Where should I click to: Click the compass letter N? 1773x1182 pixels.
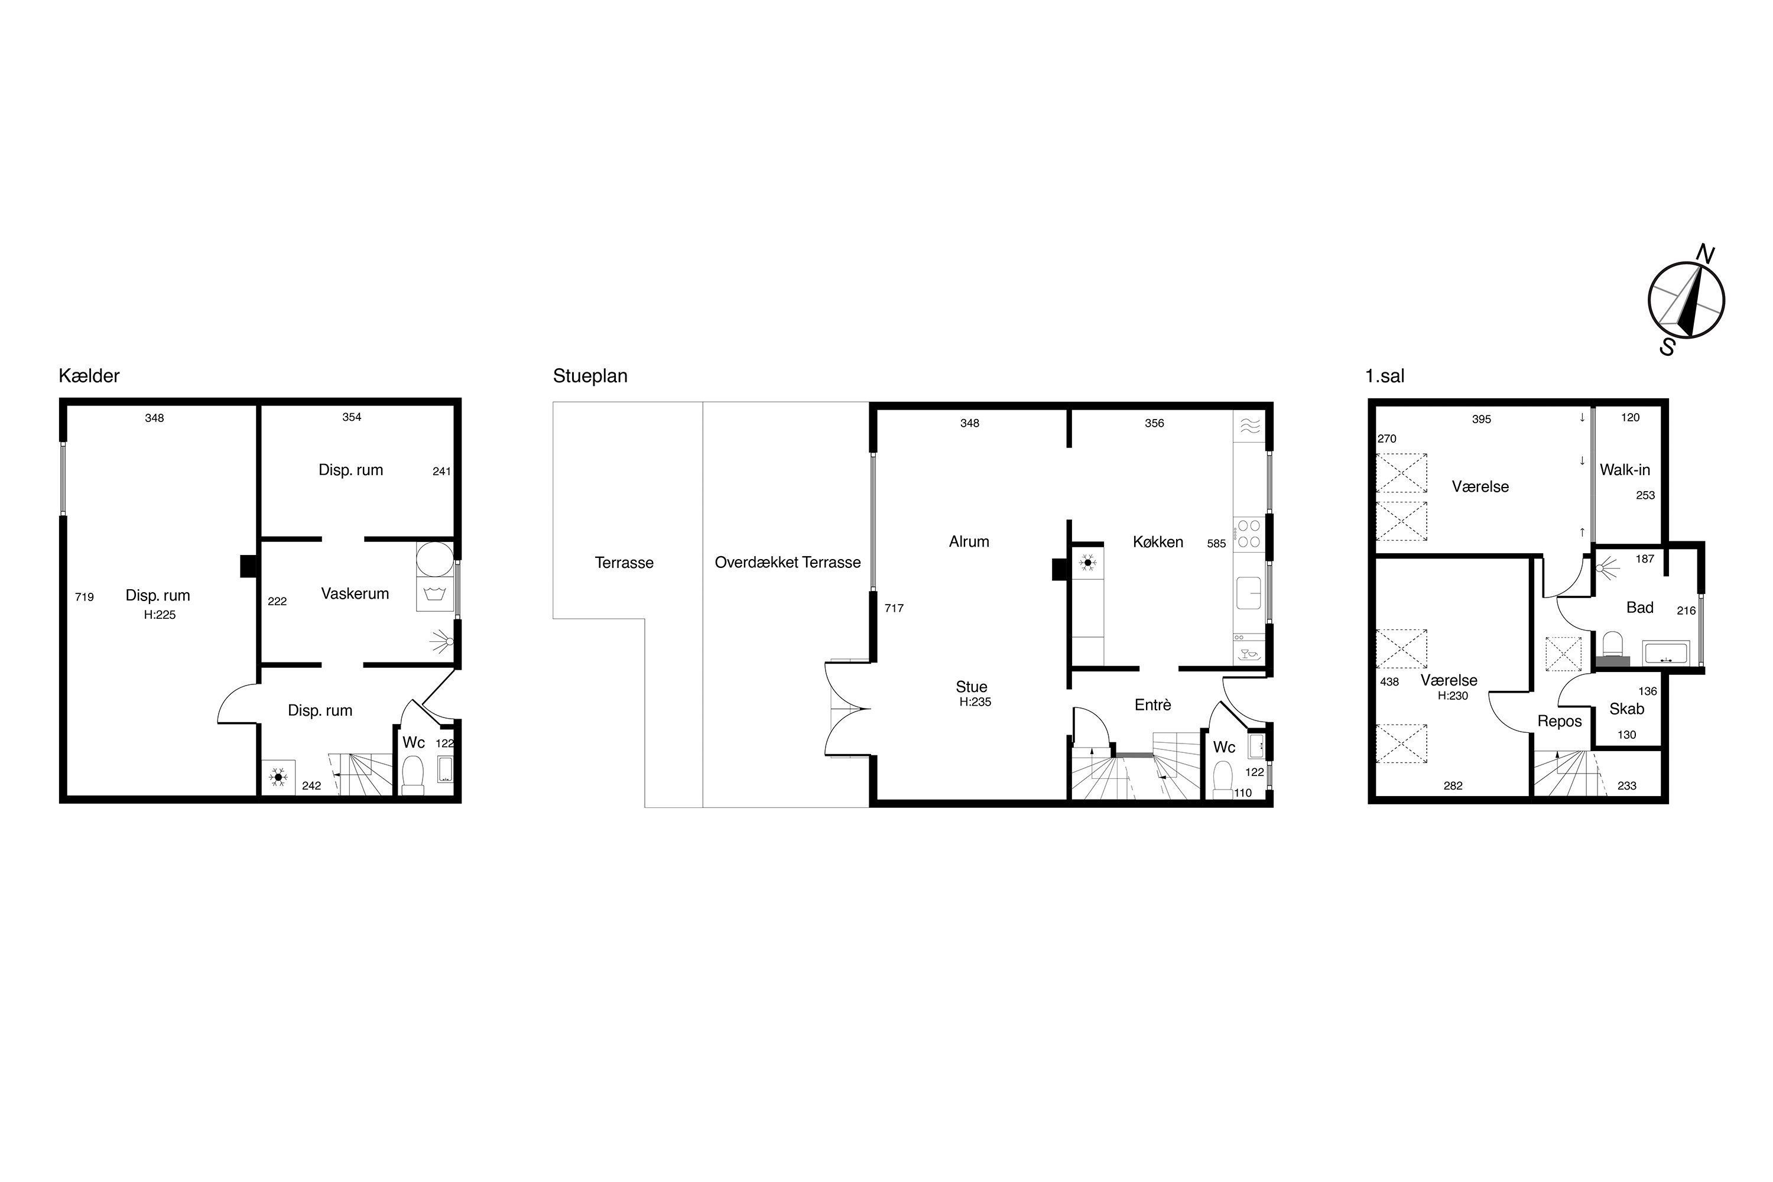[1705, 255]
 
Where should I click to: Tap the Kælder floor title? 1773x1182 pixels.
[89, 375]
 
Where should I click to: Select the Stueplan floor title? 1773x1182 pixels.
[590, 375]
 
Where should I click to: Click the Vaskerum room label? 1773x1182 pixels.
[355, 593]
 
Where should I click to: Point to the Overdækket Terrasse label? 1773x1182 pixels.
[788, 563]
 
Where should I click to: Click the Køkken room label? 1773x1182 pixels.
[1158, 541]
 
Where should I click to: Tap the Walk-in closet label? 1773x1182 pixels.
[1625, 470]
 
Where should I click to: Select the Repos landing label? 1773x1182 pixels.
[1560, 722]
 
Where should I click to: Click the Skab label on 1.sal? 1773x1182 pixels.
[1627, 709]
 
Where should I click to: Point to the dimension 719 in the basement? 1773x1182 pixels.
[85, 597]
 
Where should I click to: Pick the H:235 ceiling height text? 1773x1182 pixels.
[976, 702]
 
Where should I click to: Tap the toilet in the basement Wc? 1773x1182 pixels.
[413, 775]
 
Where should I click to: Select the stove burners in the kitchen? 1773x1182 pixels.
[1248, 533]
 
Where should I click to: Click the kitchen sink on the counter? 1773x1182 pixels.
[1248, 593]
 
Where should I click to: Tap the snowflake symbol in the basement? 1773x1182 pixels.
[278, 777]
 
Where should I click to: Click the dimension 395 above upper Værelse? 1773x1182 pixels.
[1481, 419]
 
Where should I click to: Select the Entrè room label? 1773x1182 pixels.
[1152, 705]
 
